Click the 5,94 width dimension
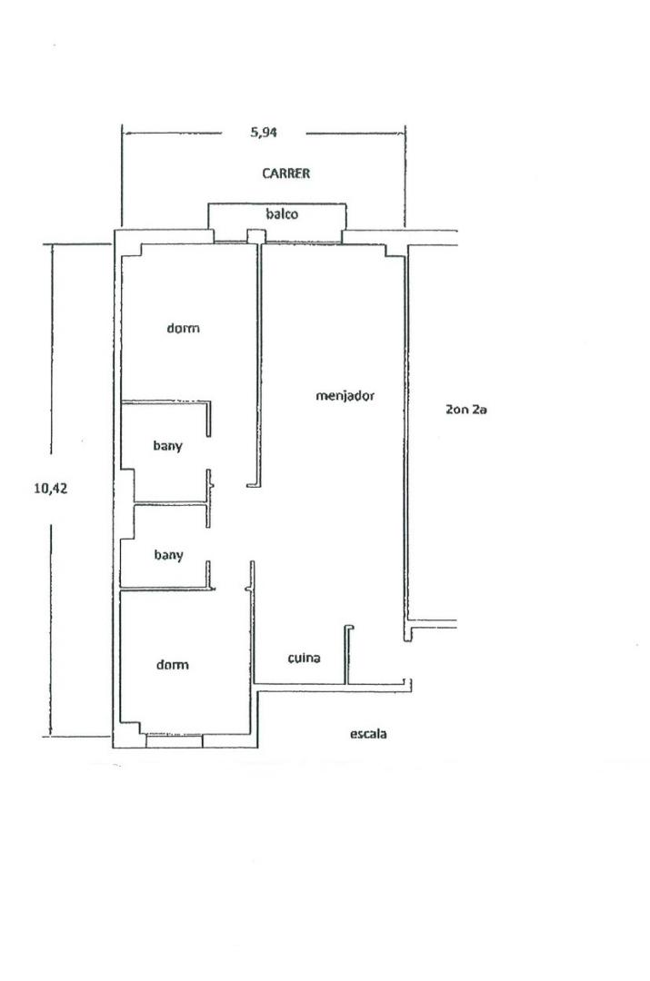tap(264, 132)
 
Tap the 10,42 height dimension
tap(50, 488)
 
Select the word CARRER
tap(286, 173)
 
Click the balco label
tap(282, 214)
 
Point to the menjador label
tap(345, 396)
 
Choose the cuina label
tap(305, 658)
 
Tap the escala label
tap(368, 734)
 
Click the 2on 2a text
tap(465, 410)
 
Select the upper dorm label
tap(184, 328)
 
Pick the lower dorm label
tap(172, 664)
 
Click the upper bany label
tap(168, 446)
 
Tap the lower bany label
tap(168, 555)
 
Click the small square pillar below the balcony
tap(255, 236)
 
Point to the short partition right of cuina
tap(346, 654)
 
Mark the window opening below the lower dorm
tap(174, 741)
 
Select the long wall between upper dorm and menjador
tap(258, 365)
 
